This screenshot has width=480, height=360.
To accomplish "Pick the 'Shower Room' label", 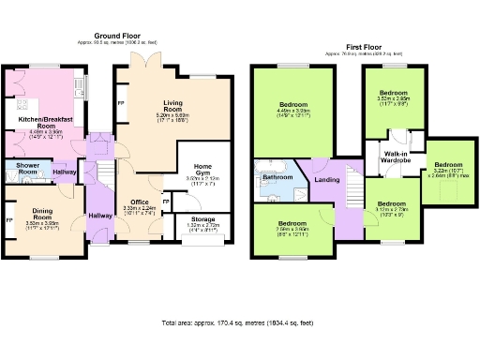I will coord(21,169).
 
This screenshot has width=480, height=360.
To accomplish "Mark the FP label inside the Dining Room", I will coord(9,220).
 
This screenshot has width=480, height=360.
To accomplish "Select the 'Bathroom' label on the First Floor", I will coord(277,176).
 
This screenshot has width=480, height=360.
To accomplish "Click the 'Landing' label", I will coord(327,179).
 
